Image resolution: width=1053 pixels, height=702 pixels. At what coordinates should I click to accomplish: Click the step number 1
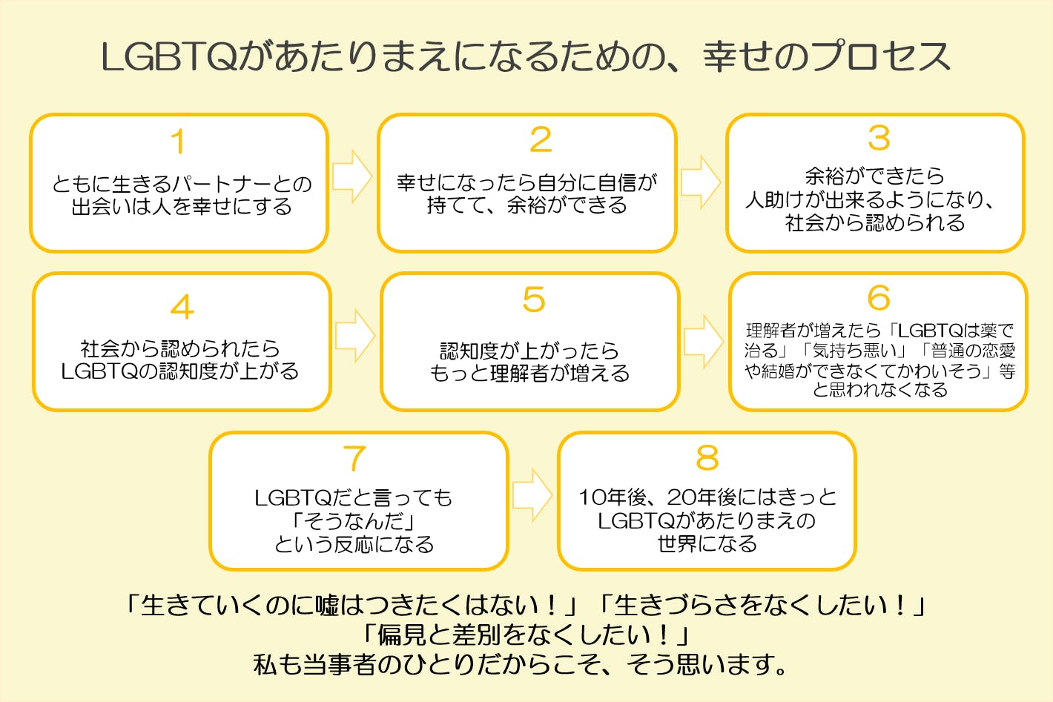pos(178,142)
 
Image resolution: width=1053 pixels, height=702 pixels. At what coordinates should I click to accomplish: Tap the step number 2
pos(541,140)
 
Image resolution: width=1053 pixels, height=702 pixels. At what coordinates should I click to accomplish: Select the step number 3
pos(879,138)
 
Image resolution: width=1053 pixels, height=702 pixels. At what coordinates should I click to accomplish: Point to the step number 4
pos(182,307)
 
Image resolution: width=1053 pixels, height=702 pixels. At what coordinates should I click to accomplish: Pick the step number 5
pos(534,300)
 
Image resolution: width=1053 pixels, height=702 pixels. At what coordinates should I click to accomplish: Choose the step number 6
pos(879,298)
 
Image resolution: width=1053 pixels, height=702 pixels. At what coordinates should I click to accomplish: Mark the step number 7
pos(354,459)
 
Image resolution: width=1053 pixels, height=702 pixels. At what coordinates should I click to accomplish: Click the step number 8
pos(707,458)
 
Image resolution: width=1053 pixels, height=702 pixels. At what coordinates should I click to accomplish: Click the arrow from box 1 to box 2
pos(352,176)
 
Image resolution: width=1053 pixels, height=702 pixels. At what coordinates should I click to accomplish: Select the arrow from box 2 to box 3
pos(701,182)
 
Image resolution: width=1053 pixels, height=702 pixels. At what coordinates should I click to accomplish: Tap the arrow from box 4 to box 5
pos(355,336)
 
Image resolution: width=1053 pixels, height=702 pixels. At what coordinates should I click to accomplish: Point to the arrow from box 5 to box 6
pos(703,342)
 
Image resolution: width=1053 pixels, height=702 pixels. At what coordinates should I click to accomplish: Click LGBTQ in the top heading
pos(168,57)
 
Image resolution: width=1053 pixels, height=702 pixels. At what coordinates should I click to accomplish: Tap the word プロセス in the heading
pos(881,57)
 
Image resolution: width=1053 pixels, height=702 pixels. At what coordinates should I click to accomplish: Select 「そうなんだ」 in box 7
pos(354,521)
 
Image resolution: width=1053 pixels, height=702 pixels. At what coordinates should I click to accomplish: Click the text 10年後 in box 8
pos(612,497)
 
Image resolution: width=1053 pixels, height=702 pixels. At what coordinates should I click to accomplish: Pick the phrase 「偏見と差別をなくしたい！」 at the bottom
pos(526,635)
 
